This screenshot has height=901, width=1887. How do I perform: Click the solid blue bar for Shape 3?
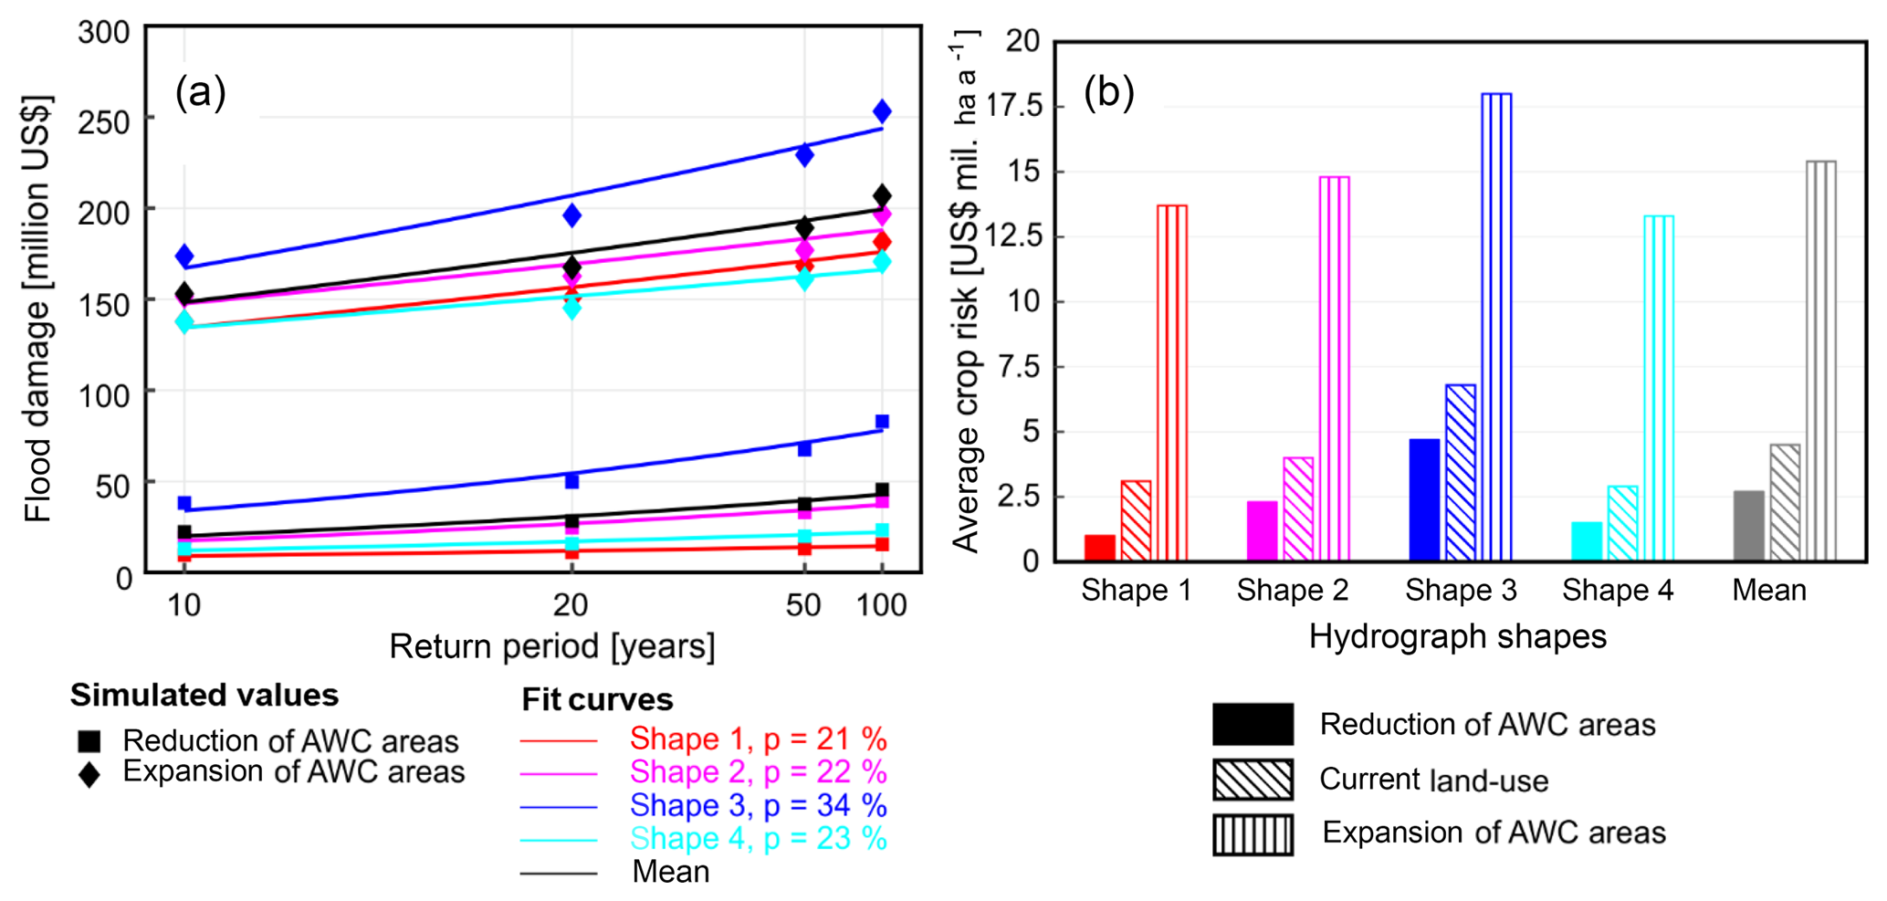point(1424,499)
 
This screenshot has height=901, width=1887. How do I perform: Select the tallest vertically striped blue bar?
point(1496,327)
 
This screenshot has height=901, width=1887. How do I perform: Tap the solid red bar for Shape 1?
point(1100,548)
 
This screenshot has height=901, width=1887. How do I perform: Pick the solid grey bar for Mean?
point(1748,526)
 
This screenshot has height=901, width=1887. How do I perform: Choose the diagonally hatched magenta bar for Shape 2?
point(1298,508)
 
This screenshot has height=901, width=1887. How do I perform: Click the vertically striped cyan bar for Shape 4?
point(1659,388)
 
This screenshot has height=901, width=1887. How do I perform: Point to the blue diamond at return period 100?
point(882,111)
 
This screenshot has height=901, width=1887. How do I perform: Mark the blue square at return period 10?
point(184,503)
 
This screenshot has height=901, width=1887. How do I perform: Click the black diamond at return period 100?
point(882,195)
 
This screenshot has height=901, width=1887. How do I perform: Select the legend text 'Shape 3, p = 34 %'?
point(758,805)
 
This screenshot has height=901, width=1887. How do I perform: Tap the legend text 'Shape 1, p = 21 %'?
point(758,739)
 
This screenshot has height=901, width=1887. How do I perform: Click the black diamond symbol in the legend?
point(89,775)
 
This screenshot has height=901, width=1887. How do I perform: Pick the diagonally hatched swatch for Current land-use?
point(1253,780)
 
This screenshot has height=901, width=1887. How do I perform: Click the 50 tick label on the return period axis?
point(803,604)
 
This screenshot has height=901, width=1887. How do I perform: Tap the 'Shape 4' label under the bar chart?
point(1617,591)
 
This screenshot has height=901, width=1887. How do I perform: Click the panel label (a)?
point(200,92)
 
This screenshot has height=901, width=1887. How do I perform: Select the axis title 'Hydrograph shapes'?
point(1457,636)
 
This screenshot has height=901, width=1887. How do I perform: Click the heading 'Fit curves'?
point(597,699)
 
